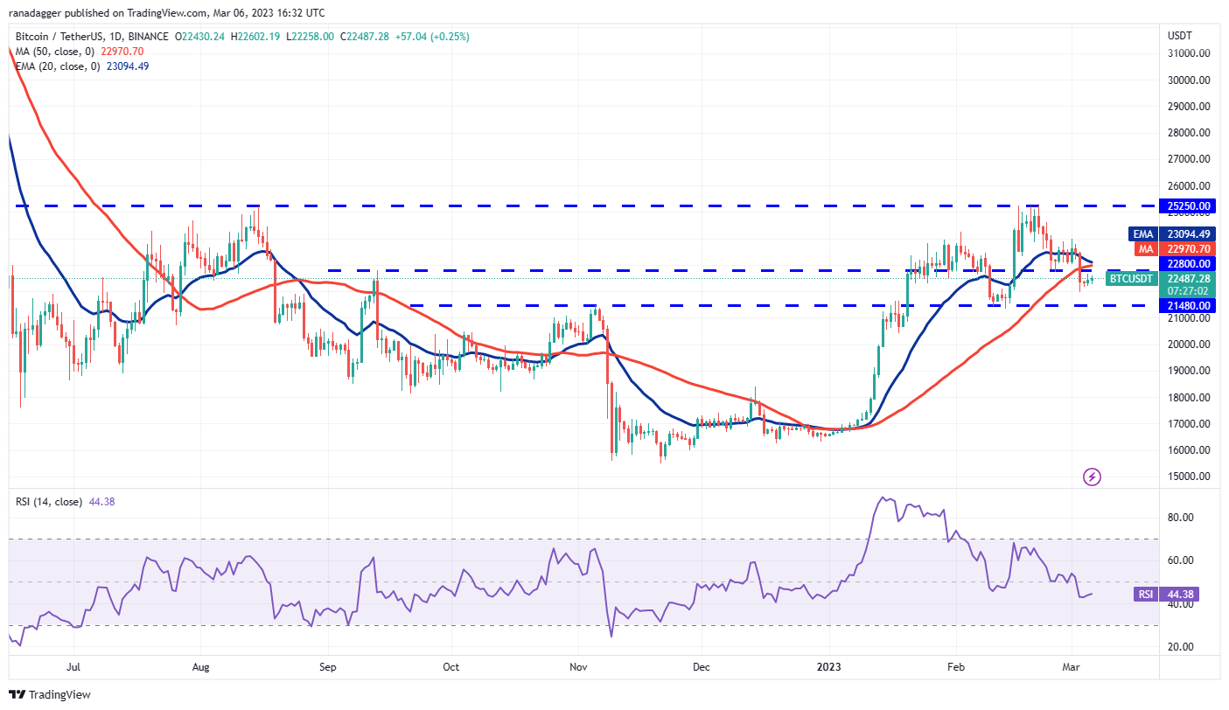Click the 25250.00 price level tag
(x=1190, y=206)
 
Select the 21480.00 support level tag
(x=1190, y=306)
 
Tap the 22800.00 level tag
(x=1190, y=263)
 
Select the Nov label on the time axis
(x=578, y=667)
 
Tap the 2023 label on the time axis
(x=828, y=667)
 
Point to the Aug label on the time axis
(x=200, y=667)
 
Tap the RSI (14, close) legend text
(x=49, y=502)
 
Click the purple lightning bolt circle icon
(x=1092, y=477)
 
